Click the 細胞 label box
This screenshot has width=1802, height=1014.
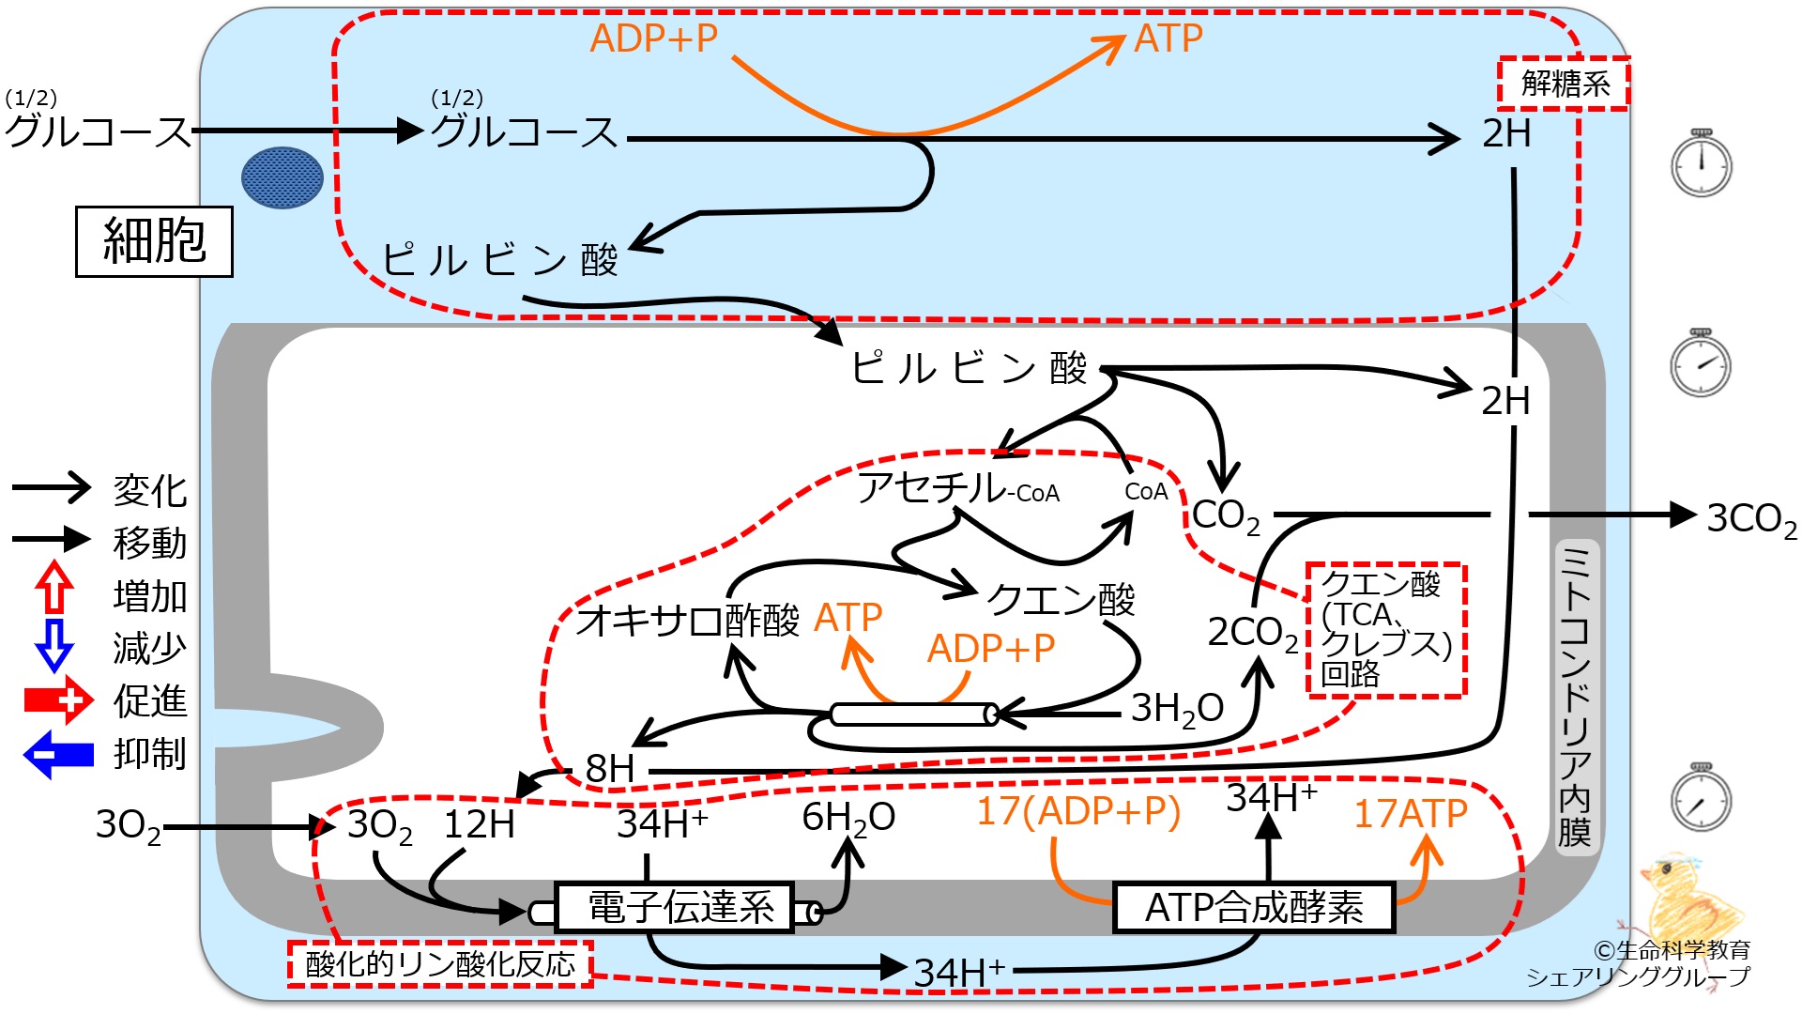point(154,241)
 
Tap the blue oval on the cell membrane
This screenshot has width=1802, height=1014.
point(283,177)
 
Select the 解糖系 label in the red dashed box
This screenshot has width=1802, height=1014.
point(1563,84)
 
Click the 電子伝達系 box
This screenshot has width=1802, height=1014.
point(675,907)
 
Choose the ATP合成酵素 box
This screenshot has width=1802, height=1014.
point(1254,907)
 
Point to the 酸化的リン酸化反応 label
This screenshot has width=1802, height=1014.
point(440,964)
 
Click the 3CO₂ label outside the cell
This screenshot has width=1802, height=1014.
point(1751,518)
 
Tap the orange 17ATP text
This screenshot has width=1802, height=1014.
point(1410,813)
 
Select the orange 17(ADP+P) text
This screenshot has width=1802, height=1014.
point(1078,811)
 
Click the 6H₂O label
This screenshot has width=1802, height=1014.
point(848,818)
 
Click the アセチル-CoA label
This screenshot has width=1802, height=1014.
point(958,488)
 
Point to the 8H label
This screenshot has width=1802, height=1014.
point(610,769)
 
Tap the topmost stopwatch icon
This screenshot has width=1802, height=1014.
point(1702,163)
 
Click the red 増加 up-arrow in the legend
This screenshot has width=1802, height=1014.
point(54,588)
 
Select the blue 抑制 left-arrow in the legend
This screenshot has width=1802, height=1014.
point(58,754)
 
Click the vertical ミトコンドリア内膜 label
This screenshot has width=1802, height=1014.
point(1575,696)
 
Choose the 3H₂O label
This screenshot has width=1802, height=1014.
point(1177,709)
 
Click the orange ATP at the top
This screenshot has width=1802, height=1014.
point(1168,38)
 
